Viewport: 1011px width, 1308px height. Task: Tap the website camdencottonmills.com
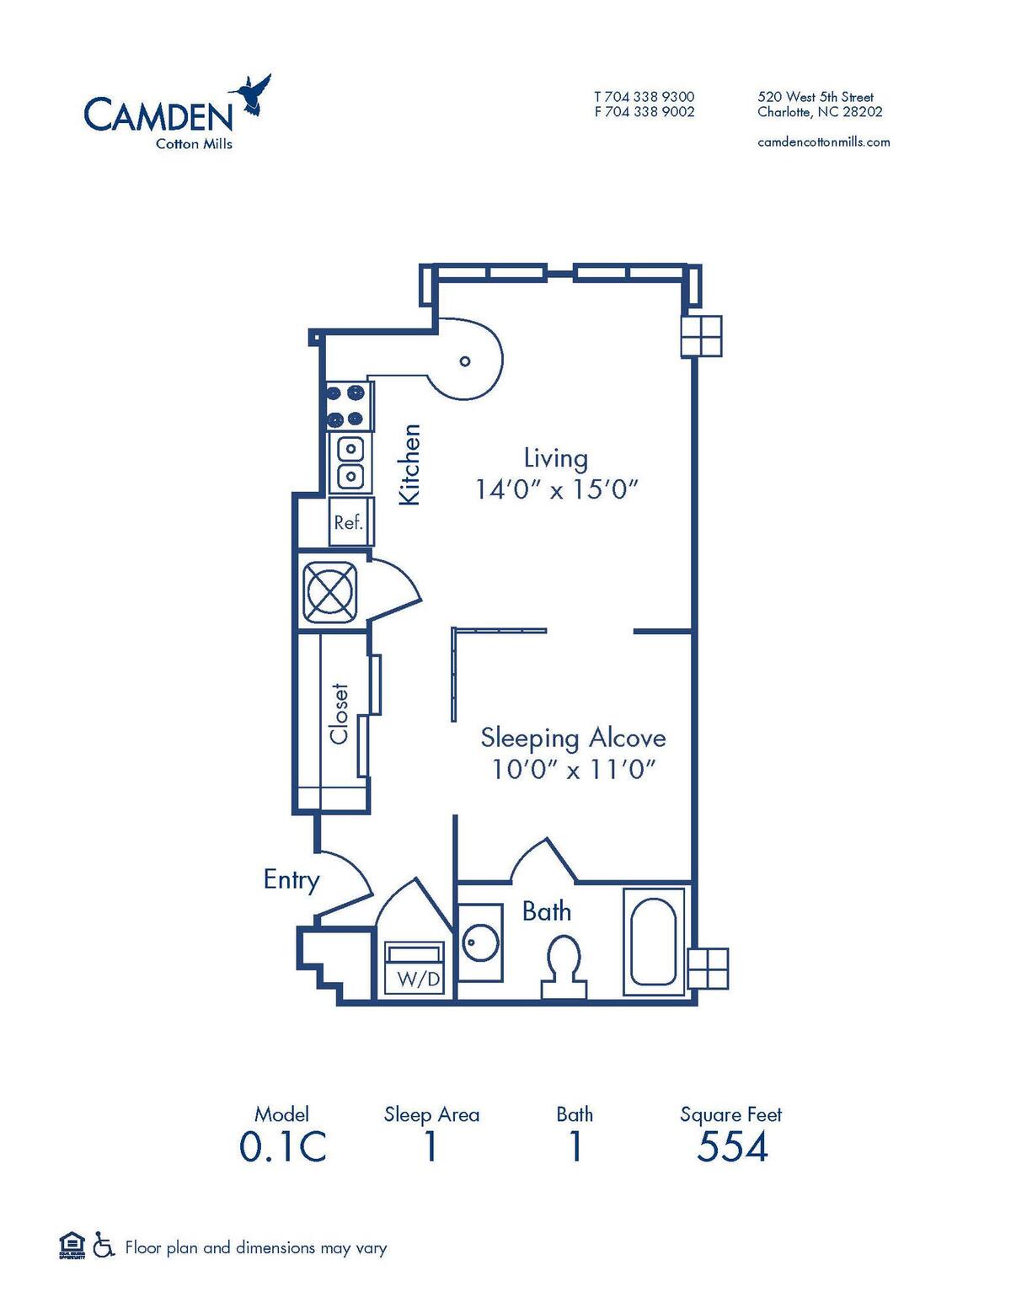pos(823,141)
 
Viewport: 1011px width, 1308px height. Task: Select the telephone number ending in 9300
pos(644,97)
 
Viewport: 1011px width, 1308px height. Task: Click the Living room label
pos(555,458)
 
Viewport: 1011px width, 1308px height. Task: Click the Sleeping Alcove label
pos(573,738)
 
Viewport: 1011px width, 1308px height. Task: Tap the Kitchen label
pos(409,464)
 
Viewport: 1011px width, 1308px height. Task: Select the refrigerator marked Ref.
pos(348,522)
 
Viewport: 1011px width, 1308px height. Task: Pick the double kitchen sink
pos(350,462)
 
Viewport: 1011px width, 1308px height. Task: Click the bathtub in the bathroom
pos(653,941)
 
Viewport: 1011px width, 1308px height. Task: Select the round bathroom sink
pos(481,942)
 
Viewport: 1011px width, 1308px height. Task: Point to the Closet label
pos(339,713)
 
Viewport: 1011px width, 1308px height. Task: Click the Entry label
pos(292,880)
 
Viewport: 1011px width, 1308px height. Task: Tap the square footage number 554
pos(731,1147)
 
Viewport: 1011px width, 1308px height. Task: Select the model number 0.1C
pos(282,1147)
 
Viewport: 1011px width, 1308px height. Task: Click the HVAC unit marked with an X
pos(331,590)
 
